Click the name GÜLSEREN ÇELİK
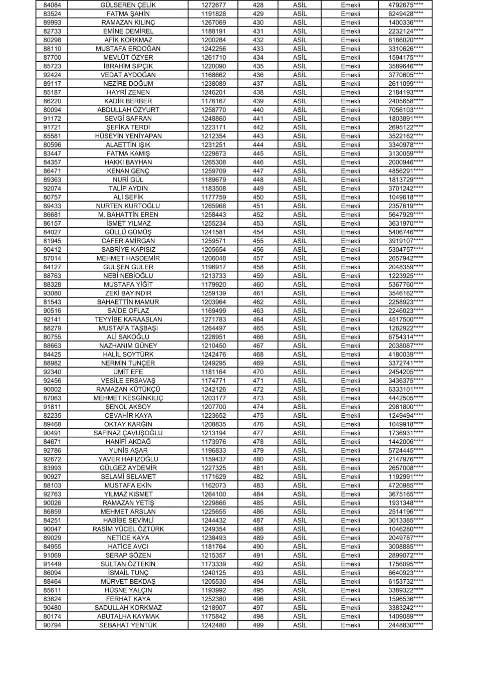[128, 5]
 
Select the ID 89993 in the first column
[52, 23]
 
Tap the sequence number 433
[258, 49]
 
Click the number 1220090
[213, 66]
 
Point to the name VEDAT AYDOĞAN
[128, 75]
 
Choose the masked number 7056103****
[405, 110]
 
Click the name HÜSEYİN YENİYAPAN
[128, 136]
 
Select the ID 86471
[52, 171]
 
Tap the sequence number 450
[258, 197]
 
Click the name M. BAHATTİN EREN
[128, 215]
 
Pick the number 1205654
[213, 250]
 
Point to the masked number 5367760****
[405, 284]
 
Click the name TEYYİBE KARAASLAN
[128, 319]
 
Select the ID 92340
[52, 372]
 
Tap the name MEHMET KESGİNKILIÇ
[128, 398]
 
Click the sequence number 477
[258, 433]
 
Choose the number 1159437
[213, 459]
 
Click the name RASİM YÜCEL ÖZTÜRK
[128, 529]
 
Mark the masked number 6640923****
[405, 573]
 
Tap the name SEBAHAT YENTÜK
[128, 625]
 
